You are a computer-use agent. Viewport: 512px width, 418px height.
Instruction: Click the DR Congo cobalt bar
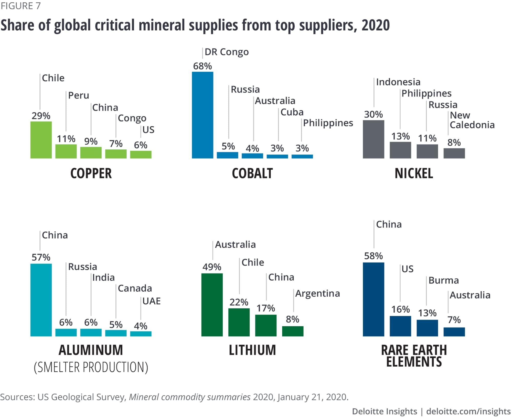click(202, 115)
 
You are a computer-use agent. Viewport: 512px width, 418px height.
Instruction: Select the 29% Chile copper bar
click(41, 140)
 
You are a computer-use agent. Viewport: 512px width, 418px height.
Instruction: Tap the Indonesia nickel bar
click(374, 139)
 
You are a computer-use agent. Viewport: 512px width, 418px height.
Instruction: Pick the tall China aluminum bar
click(41, 300)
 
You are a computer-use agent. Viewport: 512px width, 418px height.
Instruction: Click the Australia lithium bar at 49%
click(212, 305)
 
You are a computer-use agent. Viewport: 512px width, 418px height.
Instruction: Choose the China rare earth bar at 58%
click(374, 299)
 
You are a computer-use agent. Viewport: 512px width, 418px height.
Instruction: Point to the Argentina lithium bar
click(293, 331)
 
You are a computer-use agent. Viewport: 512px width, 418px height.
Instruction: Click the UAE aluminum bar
click(141, 334)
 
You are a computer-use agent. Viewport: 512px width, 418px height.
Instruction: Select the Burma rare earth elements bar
click(427, 328)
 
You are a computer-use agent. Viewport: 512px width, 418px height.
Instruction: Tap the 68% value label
click(202, 66)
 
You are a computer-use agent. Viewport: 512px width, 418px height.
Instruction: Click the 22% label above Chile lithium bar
click(239, 302)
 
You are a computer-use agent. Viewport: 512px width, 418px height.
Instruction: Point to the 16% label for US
click(400, 310)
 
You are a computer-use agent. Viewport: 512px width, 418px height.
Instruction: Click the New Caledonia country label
click(472, 120)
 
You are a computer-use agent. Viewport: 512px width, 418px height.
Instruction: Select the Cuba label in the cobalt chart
click(292, 112)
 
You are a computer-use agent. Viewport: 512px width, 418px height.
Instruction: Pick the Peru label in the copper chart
click(79, 95)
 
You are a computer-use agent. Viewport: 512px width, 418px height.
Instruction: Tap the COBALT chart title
click(252, 173)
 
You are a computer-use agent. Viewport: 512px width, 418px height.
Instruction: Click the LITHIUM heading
click(252, 350)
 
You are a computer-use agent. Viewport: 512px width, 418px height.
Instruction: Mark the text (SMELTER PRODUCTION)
click(91, 367)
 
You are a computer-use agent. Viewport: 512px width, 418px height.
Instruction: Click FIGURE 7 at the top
click(20, 6)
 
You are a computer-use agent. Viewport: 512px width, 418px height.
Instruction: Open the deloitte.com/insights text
click(468, 411)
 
